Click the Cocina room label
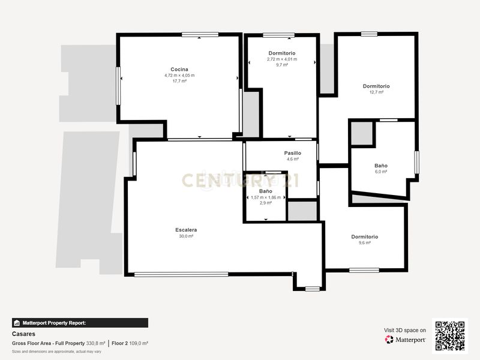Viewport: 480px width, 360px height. pos(179,70)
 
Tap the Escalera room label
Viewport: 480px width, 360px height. pos(186,230)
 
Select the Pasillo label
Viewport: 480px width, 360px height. pos(293,153)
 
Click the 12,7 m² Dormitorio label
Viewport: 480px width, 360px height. pos(376,86)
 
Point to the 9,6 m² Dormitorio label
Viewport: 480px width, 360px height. pos(365,237)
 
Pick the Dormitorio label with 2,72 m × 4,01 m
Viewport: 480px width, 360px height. pos(282,53)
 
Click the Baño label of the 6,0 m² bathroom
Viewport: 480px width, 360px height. pos(381,166)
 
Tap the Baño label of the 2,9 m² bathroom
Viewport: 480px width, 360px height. pos(265,191)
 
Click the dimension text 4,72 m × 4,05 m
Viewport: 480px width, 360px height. pos(179,76)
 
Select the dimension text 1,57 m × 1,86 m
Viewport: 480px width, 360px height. pos(266,197)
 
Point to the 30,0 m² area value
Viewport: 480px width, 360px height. pos(186,236)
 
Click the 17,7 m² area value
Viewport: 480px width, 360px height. pos(179,81)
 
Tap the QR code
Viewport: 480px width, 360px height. pos(449,336)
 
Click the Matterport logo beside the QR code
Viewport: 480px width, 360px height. pos(406,340)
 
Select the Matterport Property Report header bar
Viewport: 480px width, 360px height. pos(80,323)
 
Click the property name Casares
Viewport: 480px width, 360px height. pos(23,334)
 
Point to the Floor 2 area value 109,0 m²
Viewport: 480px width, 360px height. pos(139,343)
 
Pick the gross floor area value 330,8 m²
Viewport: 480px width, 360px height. pos(95,343)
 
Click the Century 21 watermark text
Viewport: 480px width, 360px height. pos(241,181)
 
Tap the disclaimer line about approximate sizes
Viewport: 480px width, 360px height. pos(56,352)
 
